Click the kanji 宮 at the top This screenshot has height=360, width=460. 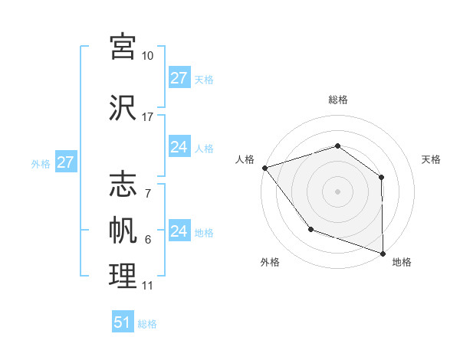[123, 45]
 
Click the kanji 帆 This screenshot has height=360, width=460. [123, 231]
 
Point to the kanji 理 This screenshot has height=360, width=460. [123, 277]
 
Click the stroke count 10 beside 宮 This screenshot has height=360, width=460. [147, 56]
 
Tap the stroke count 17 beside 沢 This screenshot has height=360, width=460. [147, 117]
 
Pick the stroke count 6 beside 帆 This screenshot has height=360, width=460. [147, 240]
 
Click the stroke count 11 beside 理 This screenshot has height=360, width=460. [147, 286]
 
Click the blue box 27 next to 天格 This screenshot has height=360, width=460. [179, 78]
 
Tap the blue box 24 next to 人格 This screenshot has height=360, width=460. [179, 147]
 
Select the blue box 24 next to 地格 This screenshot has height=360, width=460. [179, 231]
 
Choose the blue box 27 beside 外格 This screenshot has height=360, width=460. [65, 162]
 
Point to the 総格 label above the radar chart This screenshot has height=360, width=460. [338, 100]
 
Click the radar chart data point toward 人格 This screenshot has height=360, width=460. [264, 167]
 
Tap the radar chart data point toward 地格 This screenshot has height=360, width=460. [383, 252]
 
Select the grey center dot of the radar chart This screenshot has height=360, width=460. [337, 191]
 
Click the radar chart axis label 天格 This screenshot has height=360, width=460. [432, 159]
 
